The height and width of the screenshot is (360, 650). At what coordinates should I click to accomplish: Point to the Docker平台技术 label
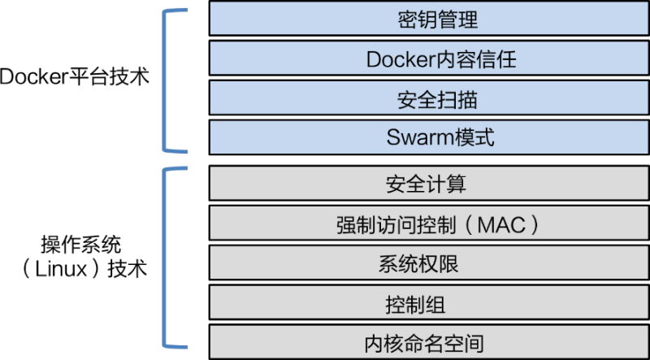click(x=75, y=78)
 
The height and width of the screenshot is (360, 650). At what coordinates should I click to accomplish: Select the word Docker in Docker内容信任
click(x=392, y=59)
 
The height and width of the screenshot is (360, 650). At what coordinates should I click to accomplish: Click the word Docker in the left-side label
click(x=26, y=79)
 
